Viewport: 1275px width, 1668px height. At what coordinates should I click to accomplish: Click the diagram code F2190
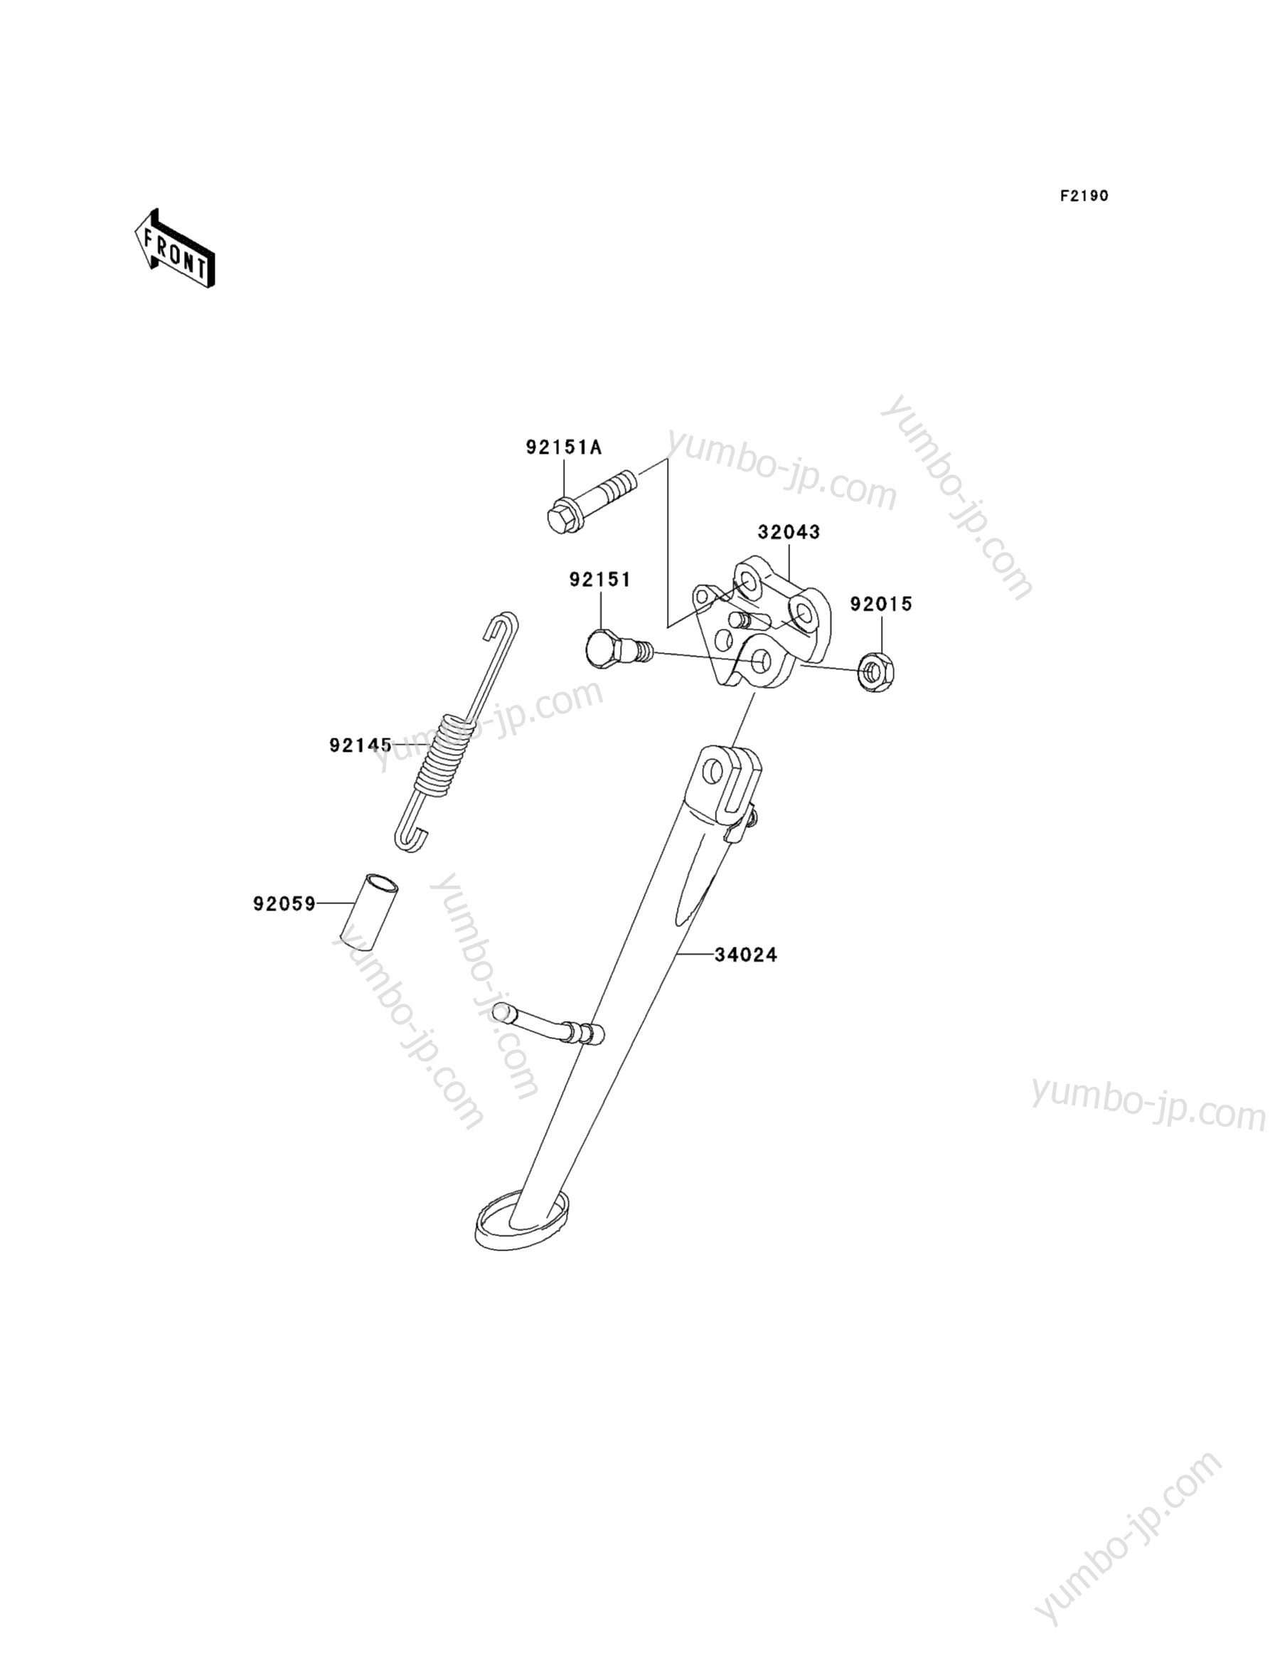(1084, 196)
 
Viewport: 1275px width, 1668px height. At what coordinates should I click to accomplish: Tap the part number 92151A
(563, 448)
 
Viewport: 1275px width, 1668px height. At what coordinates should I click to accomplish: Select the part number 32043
(789, 532)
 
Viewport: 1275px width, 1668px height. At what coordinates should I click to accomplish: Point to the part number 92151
(599, 580)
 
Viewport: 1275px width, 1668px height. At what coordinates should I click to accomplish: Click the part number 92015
(880, 605)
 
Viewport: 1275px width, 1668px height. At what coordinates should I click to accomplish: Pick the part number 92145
(361, 745)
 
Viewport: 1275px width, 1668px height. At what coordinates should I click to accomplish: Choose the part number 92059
(284, 904)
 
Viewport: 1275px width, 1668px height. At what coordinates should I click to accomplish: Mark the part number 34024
(745, 955)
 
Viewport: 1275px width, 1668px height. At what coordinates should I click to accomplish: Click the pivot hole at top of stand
(714, 773)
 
